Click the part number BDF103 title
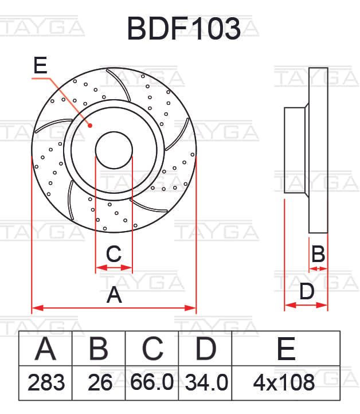pos(184,29)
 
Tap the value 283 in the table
pos(46,382)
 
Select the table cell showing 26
pos(100,382)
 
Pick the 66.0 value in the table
pos(152,382)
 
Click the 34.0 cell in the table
pos(206,382)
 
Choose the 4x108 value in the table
pos(284,382)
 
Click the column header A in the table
pos(45,349)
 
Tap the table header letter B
pos(99,349)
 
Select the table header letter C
pos(152,349)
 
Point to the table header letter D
pos(206,349)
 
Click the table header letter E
pos(286,349)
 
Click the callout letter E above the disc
pos(40,65)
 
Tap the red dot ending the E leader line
pos(90,126)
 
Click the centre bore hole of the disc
pos(114,150)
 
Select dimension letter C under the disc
pos(114,254)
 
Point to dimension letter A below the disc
pos(114,294)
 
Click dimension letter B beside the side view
pos(318,254)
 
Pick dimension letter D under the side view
pos(307,291)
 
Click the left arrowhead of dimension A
pos(37,308)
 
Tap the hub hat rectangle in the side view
pos(295,150)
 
